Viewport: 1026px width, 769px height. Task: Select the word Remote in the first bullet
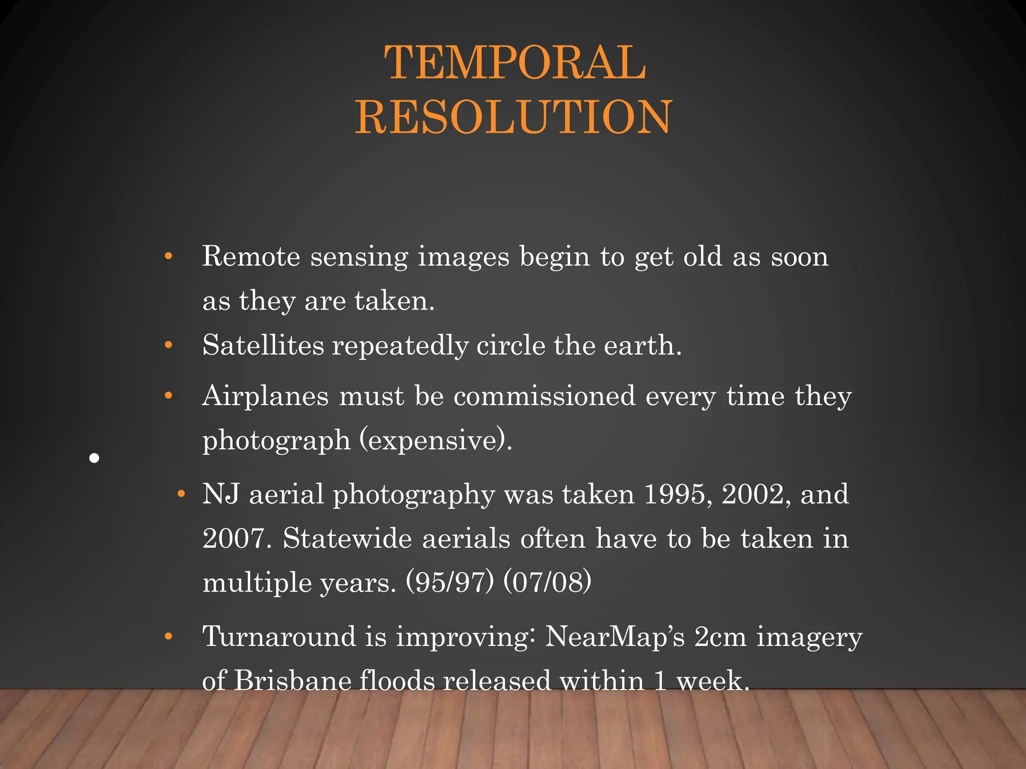251,256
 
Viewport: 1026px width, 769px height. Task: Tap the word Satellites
263,345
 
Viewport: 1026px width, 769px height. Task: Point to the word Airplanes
266,396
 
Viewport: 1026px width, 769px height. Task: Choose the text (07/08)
547,582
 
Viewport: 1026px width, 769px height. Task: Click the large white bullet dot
94,458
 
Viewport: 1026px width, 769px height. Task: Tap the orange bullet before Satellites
168,345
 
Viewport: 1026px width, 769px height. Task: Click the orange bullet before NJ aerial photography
181,495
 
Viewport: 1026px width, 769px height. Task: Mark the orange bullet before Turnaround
168,637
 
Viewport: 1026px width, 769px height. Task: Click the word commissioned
545,396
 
